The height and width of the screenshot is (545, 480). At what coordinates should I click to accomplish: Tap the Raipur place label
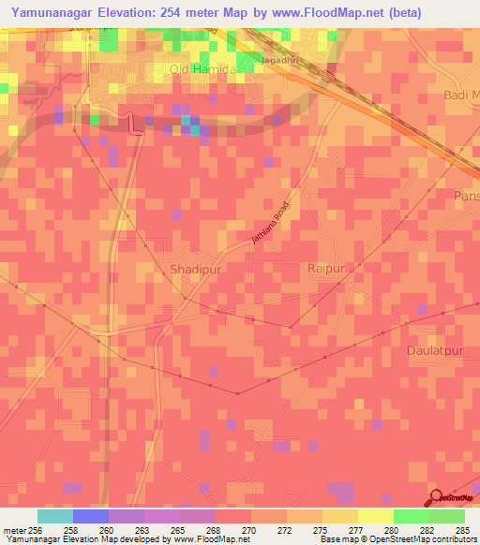[x=327, y=269]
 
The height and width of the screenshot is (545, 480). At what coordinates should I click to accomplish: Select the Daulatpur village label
[x=437, y=350]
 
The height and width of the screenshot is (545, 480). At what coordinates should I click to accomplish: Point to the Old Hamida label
[x=199, y=69]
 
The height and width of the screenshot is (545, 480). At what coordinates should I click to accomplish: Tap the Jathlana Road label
[x=272, y=227]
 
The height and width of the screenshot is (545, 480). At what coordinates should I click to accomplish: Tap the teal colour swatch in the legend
[x=54, y=516]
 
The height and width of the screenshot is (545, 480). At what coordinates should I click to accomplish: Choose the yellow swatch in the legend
[x=375, y=516]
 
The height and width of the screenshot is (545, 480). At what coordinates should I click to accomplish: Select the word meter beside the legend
[x=13, y=529]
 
